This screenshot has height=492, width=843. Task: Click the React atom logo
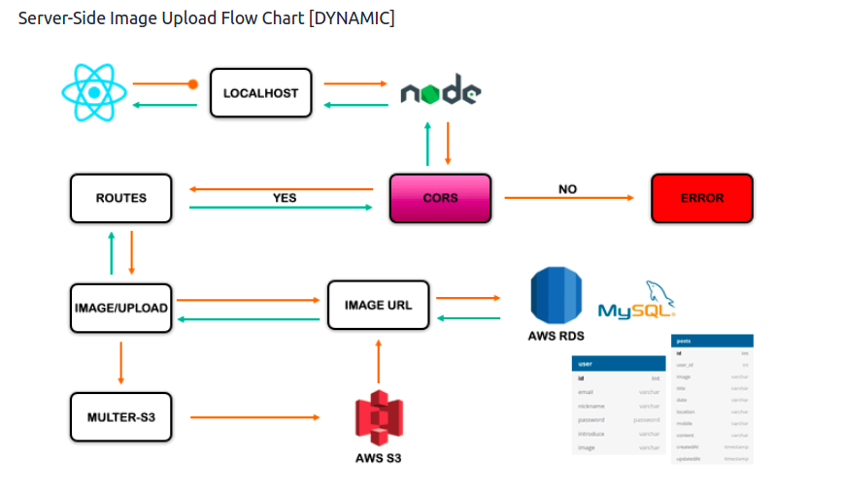(x=94, y=93)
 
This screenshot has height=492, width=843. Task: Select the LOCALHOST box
(x=260, y=93)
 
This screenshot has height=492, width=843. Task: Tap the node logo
(x=441, y=93)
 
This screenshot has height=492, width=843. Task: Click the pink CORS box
(x=440, y=198)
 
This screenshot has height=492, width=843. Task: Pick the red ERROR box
(x=701, y=198)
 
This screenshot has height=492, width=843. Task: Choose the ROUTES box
(x=121, y=198)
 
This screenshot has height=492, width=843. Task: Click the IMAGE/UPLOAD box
(x=121, y=308)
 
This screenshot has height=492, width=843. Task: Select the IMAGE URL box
(x=378, y=305)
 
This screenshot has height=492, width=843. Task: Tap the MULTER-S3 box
(x=121, y=417)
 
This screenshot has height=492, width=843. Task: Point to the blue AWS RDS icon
(x=558, y=295)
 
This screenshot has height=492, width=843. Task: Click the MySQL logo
(x=635, y=303)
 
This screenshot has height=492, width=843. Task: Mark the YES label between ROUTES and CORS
(x=285, y=197)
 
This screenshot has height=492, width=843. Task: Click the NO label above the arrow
(x=568, y=188)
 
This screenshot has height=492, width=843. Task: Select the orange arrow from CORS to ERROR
(x=569, y=198)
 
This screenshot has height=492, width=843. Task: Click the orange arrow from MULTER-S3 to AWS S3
(x=254, y=417)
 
